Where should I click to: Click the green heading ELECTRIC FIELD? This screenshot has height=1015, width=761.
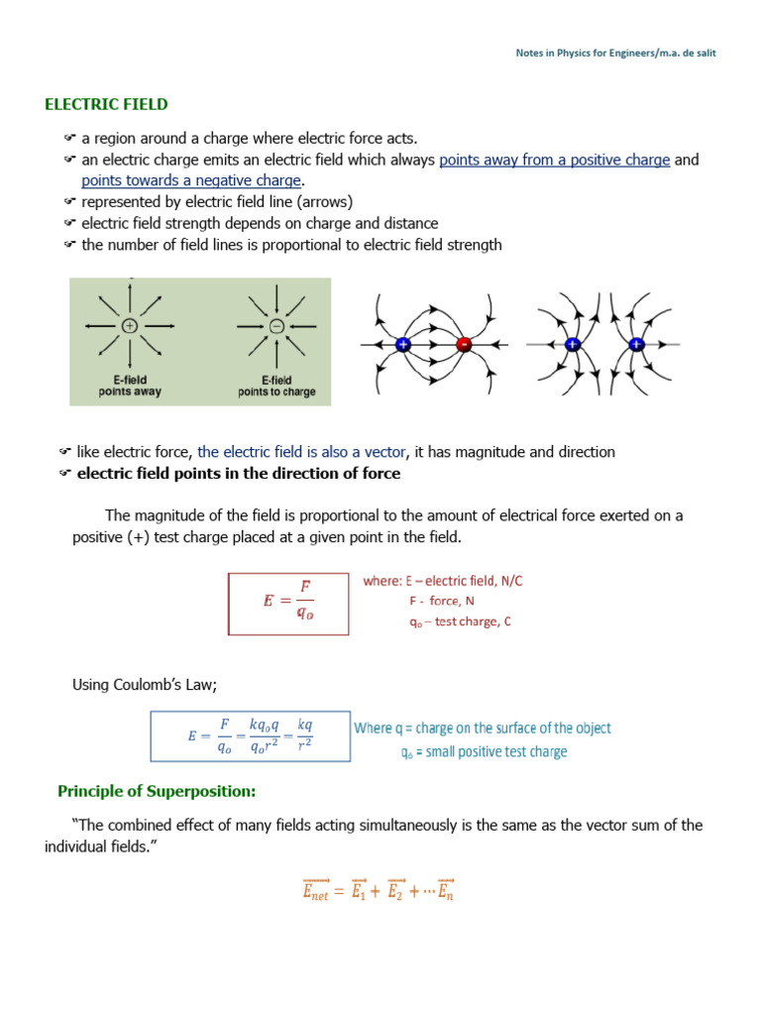[x=106, y=104]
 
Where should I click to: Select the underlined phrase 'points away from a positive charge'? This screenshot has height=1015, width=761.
[x=554, y=160]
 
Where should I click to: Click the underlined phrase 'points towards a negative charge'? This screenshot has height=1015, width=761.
[x=191, y=180]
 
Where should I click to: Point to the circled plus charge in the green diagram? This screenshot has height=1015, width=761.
[x=130, y=326]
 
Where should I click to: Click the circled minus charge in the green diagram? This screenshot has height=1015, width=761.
[x=277, y=326]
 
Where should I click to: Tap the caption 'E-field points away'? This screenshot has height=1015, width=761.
[x=130, y=386]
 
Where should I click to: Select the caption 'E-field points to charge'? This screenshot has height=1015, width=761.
[x=277, y=386]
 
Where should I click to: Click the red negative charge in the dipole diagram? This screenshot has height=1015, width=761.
[x=463, y=345]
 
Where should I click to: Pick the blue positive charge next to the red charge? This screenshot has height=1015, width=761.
[x=403, y=345]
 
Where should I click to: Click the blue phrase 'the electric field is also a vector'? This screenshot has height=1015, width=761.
[x=301, y=452]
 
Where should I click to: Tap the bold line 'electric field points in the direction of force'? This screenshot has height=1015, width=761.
[x=239, y=474]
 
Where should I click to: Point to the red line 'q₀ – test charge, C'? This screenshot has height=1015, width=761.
[x=459, y=621]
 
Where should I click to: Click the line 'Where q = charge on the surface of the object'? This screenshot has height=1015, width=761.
[x=483, y=729]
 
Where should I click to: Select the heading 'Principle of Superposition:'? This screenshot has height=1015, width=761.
[x=157, y=791]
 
